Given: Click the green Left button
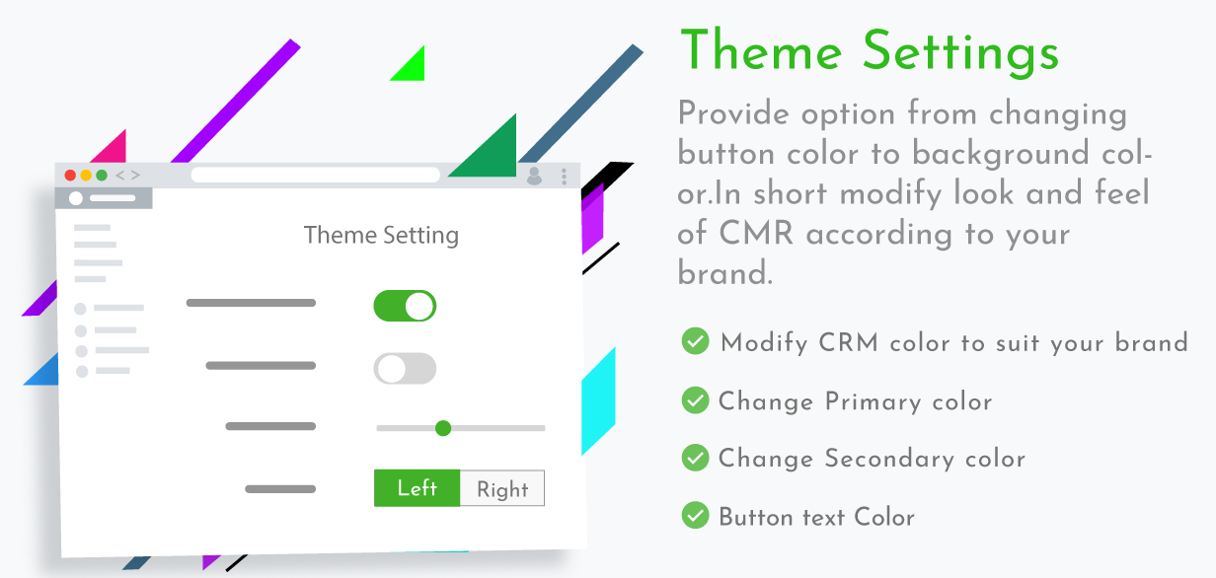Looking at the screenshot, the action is click(x=417, y=488).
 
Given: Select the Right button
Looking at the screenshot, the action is click(x=502, y=488).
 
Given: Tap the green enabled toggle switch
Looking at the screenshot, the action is click(x=405, y=306).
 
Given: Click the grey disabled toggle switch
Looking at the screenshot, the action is click(x=405, y=369).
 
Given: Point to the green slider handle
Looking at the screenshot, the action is click(x=443, y=428).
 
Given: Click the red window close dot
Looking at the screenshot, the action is click(x=70, y=176).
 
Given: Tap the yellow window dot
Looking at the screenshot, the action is click(x=86, y=176).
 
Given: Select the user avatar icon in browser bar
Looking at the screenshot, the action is click(x=534, y=176).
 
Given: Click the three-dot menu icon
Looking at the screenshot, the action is click(x=564, y=177).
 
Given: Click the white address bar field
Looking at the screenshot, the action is click(x=316, y=175).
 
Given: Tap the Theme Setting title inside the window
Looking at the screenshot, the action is click(x=381, y=236).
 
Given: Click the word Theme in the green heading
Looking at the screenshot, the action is click(x=761, y=50).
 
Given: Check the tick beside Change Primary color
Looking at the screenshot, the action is click(x=696, y=400).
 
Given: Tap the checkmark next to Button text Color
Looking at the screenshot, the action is click(x=696, y=515).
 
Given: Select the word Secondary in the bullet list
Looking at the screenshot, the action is click(x=889, y=459).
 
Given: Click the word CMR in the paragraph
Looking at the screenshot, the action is click(x=756, y=234).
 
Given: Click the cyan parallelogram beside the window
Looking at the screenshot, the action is click(x=598, y=401).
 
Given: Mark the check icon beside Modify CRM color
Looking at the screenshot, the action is click(x=696, y=341).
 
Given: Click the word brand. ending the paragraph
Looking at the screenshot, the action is click(x=724, y=272).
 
